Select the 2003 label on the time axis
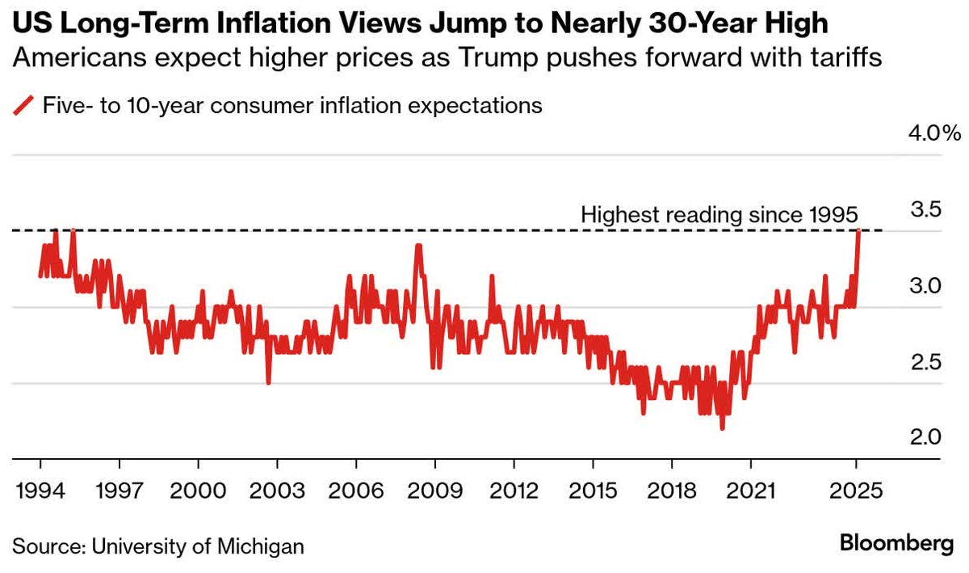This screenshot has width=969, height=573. click(277, 491)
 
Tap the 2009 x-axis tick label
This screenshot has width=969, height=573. click(435, 491)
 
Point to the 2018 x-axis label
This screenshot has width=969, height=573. click(672, 491)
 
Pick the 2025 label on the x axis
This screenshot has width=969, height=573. click(856, 491)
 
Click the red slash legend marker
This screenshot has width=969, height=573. click(27, 105)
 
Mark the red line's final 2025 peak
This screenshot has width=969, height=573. click(859, 231)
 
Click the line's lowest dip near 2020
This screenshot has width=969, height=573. click(722, 428)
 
